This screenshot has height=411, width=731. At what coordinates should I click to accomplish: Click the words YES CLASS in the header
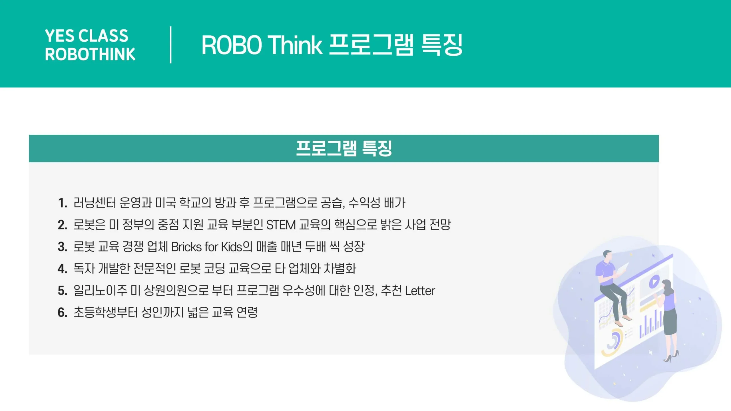click(x=87, y=36)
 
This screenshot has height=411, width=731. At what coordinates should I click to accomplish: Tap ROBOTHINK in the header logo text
click(x=90, y=54)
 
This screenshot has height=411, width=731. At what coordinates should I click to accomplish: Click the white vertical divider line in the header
click(x=170, y=45)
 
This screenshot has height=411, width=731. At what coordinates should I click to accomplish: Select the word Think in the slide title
click(x=295, y=45)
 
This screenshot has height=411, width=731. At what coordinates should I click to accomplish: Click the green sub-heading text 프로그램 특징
click(x=344, y=148)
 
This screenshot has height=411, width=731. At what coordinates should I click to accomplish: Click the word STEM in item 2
click(x=281, y=225)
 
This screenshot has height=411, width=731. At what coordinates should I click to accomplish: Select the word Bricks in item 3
click(x=186, y=247)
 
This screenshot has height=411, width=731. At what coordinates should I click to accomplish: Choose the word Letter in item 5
click(x=420, y=291)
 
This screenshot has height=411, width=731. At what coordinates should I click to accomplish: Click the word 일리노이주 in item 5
click(x=100, y=291)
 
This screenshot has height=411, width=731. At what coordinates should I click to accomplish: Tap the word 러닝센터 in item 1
click(x=95, y=203)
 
